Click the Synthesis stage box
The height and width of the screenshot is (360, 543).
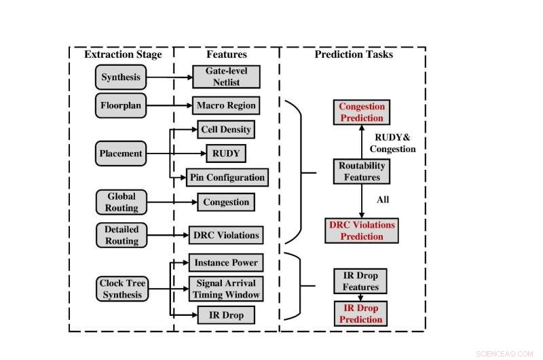121,77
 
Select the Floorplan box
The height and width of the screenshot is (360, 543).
121,105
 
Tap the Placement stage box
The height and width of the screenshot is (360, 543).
121,154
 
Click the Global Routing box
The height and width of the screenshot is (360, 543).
121,202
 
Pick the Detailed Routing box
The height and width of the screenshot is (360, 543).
121,235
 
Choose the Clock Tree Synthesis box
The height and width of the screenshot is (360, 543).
121,289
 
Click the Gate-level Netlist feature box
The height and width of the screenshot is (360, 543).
226,77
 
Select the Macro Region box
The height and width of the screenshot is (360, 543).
226,105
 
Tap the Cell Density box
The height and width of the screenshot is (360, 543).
225,129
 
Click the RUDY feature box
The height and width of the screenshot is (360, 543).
225,154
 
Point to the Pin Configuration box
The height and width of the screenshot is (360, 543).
227,177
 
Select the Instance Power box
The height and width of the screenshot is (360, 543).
225,262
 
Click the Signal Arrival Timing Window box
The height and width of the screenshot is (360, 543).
225,289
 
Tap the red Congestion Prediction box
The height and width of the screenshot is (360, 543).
362,112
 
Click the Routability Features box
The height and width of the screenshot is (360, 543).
362,171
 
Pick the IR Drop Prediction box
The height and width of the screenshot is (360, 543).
361,314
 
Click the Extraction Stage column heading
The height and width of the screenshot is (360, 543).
123,54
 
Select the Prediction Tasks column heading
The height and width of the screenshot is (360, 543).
354,54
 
